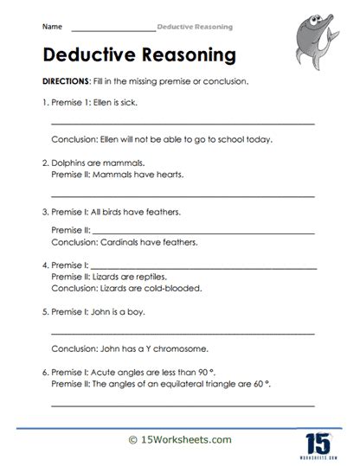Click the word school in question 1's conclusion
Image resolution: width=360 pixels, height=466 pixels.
(234, 138)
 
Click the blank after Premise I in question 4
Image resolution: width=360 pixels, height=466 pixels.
(203, 265)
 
